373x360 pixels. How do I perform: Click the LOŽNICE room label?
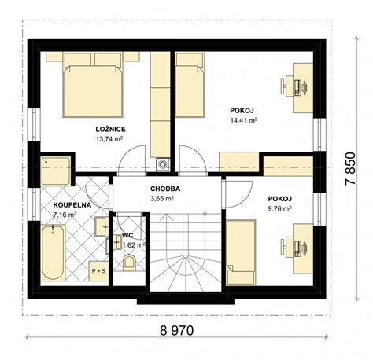pos(110,129)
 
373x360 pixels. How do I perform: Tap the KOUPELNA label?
pos(72,205)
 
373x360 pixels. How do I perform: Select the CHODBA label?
pos(165,189)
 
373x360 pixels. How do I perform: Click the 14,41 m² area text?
pos(243,120)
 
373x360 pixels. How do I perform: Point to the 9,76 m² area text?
pos(280,208)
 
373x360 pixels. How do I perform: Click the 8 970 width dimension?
pos(177,330)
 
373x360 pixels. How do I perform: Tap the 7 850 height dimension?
pos(350,169)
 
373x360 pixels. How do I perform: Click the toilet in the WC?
pos(129,263)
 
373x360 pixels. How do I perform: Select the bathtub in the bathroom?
pos(54,252)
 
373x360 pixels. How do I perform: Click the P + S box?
pos(98,271)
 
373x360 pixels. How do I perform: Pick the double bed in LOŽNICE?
pos(93,84)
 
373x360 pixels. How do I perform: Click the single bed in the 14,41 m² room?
pos(190,84)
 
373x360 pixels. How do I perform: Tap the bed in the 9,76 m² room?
pos(241,252)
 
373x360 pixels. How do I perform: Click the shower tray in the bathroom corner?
pos(56,171)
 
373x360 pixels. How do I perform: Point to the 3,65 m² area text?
pos(162,199)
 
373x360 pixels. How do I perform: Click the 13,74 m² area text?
pos(109,139)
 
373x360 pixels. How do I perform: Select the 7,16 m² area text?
pos(65,215)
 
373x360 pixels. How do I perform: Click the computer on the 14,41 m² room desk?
pos(301,86)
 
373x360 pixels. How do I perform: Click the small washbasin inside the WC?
pos(117,242)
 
